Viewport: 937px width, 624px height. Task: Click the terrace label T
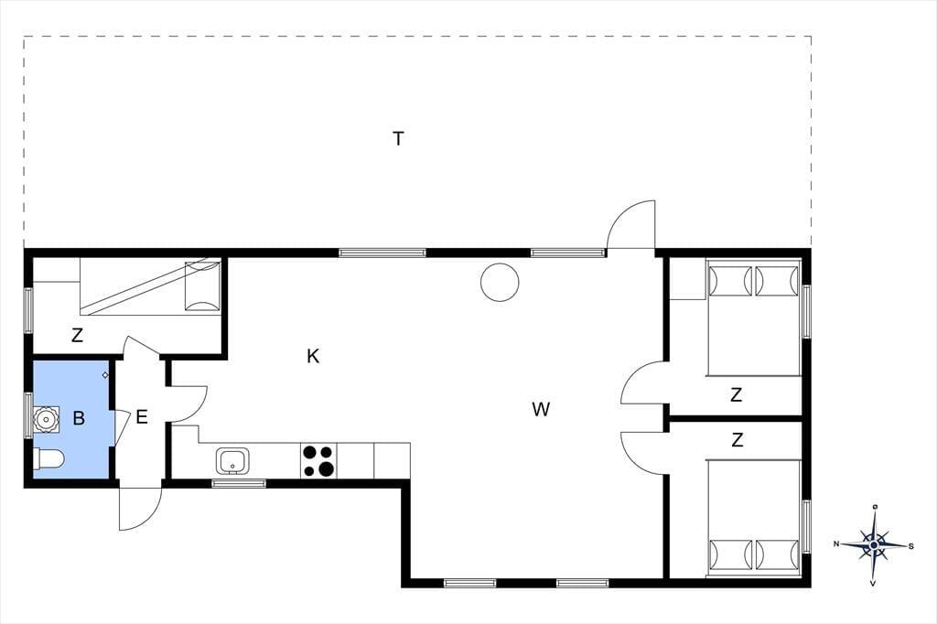click(398, 139)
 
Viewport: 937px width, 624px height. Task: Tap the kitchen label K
click(313, 357)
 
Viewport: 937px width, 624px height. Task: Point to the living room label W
click(541, 409)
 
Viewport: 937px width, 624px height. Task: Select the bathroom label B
click(79, 418)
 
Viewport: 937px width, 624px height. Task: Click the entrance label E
click(142, 416)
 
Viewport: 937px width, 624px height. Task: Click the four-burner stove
click(318, 460)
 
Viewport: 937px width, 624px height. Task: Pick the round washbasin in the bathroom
click(46, 419)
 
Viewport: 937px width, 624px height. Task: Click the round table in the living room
click(500, 282)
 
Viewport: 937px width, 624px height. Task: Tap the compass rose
click(874, 544)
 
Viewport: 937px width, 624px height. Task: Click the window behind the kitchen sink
click(239, 483)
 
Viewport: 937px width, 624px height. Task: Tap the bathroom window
click(28, 414)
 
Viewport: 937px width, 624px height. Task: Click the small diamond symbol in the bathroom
click(105, 375)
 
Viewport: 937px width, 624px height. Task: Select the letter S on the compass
click(910, 545)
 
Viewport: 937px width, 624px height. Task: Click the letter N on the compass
click(836, 543)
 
